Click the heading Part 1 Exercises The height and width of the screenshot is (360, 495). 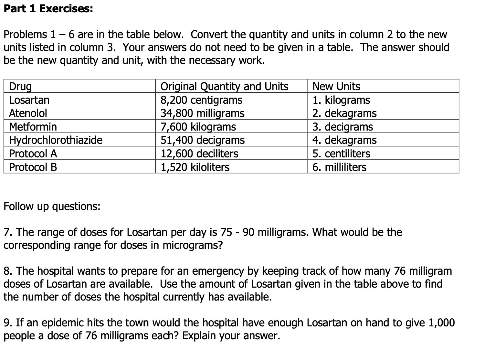[48, 9]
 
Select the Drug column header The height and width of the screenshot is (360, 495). [20, 86]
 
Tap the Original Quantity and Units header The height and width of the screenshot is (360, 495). [224, 86]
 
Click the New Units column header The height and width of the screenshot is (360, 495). [336, 86]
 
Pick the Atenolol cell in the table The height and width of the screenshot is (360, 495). [28, 113]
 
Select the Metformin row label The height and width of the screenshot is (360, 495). [33, 127]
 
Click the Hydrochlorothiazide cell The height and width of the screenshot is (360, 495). [56, 140]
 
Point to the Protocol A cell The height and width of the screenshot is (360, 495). [33, 154]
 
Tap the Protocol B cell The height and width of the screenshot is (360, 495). [33, 167]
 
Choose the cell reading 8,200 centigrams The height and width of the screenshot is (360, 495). [201, 100]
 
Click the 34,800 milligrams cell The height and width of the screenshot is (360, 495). [203, 113]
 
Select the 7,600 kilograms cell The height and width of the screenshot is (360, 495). [198, 127]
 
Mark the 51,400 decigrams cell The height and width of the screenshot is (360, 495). [203, 140]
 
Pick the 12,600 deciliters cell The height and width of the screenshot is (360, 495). [199, 154]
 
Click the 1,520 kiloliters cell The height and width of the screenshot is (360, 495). [195, 167]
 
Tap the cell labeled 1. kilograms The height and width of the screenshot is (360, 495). [341, 100]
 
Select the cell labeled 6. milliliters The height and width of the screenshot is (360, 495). [339, 167]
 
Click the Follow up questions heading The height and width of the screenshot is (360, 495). [52, 206]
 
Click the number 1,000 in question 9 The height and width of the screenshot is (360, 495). [441, 323]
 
